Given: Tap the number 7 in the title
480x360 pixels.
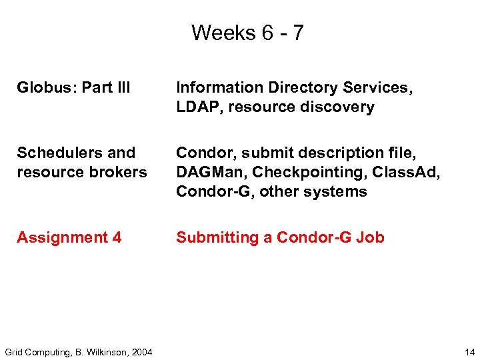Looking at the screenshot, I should (297, 33).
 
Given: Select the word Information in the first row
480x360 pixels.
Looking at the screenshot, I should (219, 87).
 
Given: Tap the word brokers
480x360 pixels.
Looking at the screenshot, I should (121, 172).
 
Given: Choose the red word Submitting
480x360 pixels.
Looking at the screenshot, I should (217, 237).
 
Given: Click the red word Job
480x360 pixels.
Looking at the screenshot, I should (370, 237).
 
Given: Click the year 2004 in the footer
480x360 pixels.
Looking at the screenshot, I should (141, 352).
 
